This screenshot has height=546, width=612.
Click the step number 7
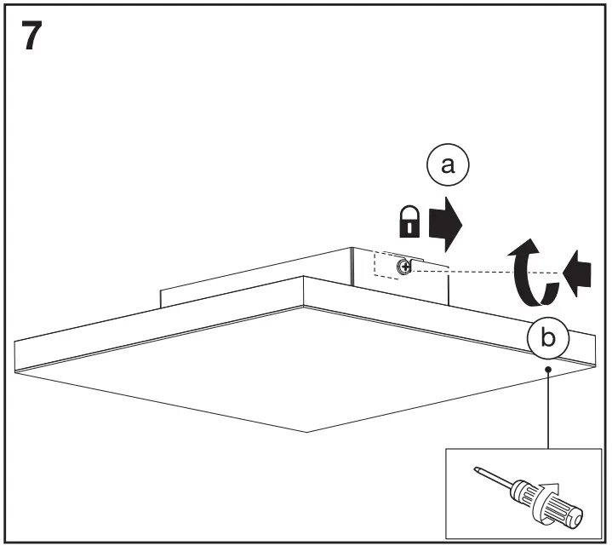(x=30, y=38)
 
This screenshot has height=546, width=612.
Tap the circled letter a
(x=448, y=167)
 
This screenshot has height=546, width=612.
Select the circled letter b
(x=547, y=338)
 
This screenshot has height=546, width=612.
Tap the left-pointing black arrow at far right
(x=578, y=274)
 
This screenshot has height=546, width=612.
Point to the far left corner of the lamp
(x=15, y=341)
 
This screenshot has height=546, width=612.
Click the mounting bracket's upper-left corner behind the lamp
(x=161, y=289)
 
